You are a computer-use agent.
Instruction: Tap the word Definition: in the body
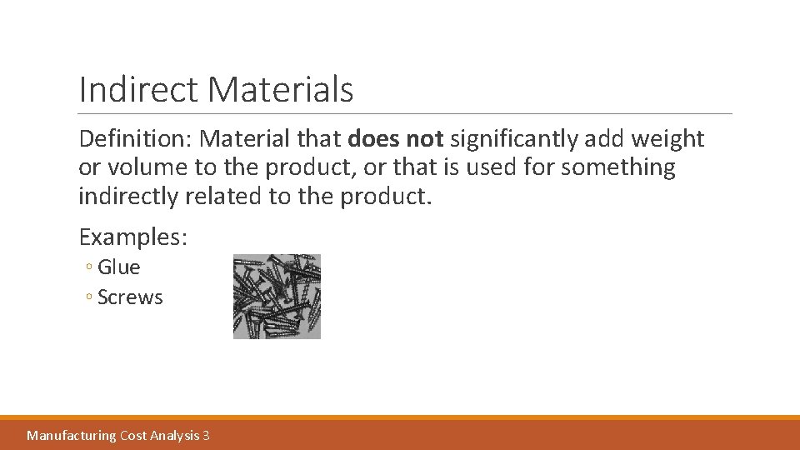(136, 139)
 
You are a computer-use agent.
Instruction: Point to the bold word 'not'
(424, 139)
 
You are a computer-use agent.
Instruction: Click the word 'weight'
(672, 139)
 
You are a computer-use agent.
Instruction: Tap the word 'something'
(618, 167)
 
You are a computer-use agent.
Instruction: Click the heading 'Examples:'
(133, 237)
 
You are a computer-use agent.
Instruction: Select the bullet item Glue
(118, 267)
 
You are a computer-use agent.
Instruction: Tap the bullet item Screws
(130, 297)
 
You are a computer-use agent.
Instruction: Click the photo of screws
(277, 297)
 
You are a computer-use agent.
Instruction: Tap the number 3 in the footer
(206, 435)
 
